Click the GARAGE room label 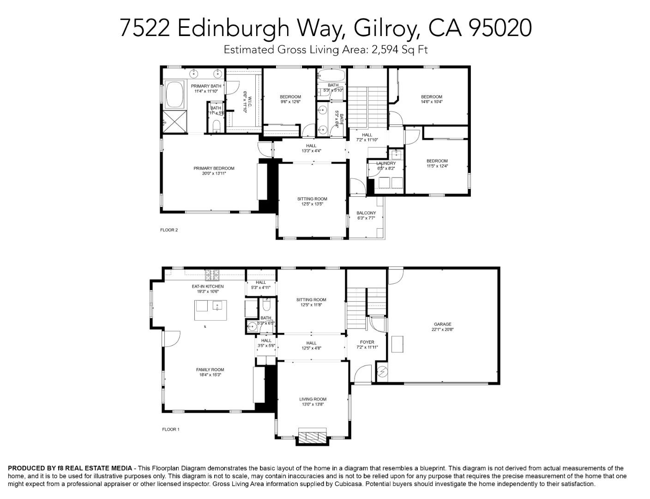(442, 324)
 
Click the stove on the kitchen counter (212, 275)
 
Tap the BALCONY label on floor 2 (366, 213)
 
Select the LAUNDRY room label (386, 163)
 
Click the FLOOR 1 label (170, 429)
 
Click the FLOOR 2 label (169, 230)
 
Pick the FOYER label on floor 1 (367, 342)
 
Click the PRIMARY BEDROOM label (214, 168)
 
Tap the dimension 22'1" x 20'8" (442, 329)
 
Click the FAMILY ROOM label (210, 370)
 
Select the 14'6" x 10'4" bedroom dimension (431, 102)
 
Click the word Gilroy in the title (386, 28)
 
